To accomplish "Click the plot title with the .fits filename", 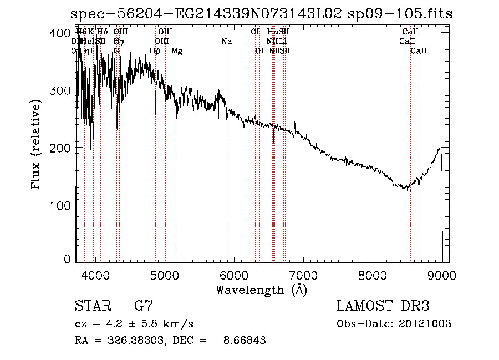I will (x=262, y=14).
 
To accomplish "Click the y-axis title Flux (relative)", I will (x=37, y=145).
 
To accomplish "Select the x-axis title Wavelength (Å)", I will (x=261, y=290).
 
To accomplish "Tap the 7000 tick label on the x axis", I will (x=303, y=275).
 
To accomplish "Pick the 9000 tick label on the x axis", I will (x=442, y=275).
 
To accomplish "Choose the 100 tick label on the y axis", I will (x=60, y=205).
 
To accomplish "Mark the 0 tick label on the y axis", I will (x=67, y=258).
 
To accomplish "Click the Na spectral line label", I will (x=226, y=41).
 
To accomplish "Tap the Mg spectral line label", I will (x=177, y=51).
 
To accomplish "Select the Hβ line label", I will (x=155, y=51).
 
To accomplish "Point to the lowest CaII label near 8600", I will (x=419, y=51).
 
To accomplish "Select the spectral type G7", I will (x=144, y=306).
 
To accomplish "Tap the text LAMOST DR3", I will (x=383, y=306).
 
